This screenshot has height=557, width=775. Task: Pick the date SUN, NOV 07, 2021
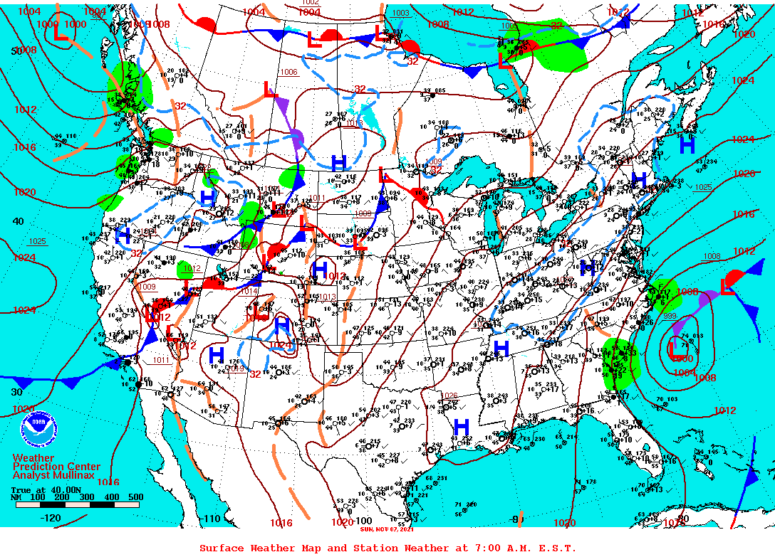[387, 529]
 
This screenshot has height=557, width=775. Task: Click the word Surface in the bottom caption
[223, 548]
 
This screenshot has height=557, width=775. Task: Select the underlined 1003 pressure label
[401, 13]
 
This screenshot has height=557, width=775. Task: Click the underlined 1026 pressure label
[449, 395]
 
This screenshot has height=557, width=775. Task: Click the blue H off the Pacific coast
[123, 234]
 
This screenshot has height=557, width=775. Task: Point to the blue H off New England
[687, 145]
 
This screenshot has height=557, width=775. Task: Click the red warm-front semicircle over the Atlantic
[735, 276]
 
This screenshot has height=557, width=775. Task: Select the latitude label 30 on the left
[17, 392]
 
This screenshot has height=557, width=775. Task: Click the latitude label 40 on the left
[17, 221]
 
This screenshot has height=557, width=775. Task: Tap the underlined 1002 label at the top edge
[311, 3]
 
